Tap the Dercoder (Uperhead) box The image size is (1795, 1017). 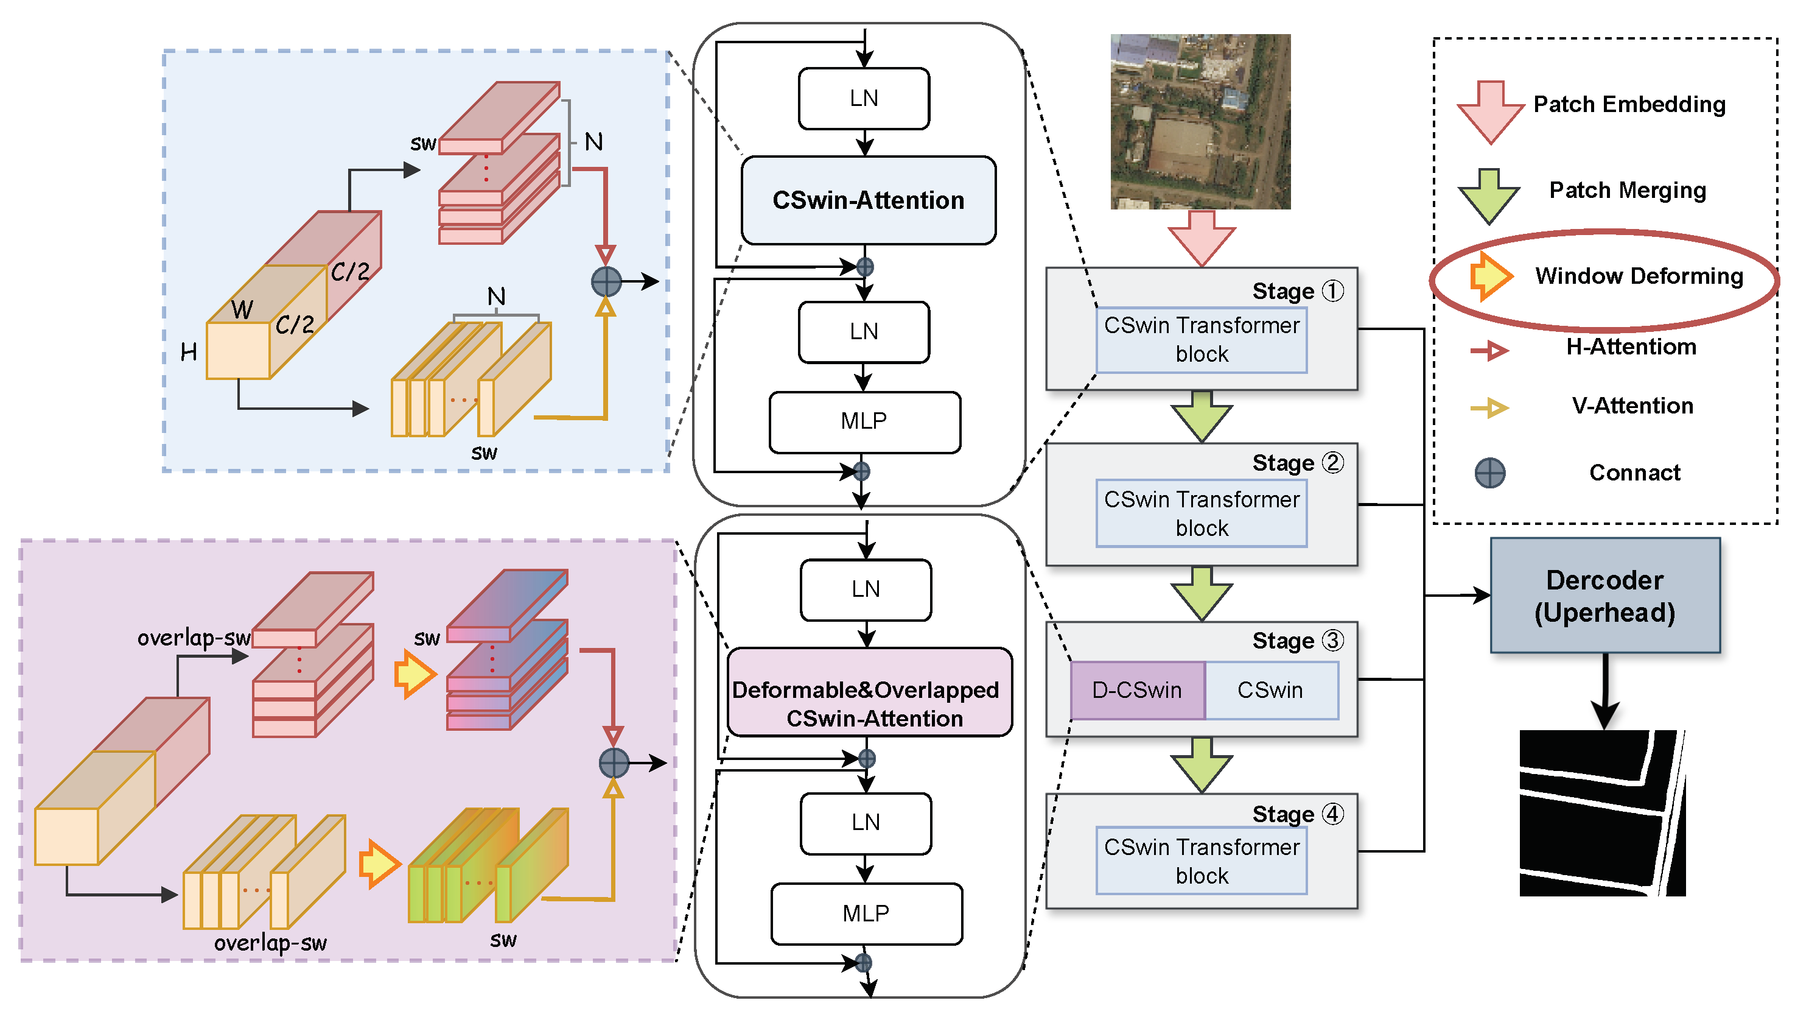[1604, 595]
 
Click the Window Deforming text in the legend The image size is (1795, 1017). [1638, 276]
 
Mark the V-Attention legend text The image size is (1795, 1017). [1632, 406]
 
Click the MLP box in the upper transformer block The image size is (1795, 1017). [864, 421]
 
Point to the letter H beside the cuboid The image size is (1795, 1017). [189, 352]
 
